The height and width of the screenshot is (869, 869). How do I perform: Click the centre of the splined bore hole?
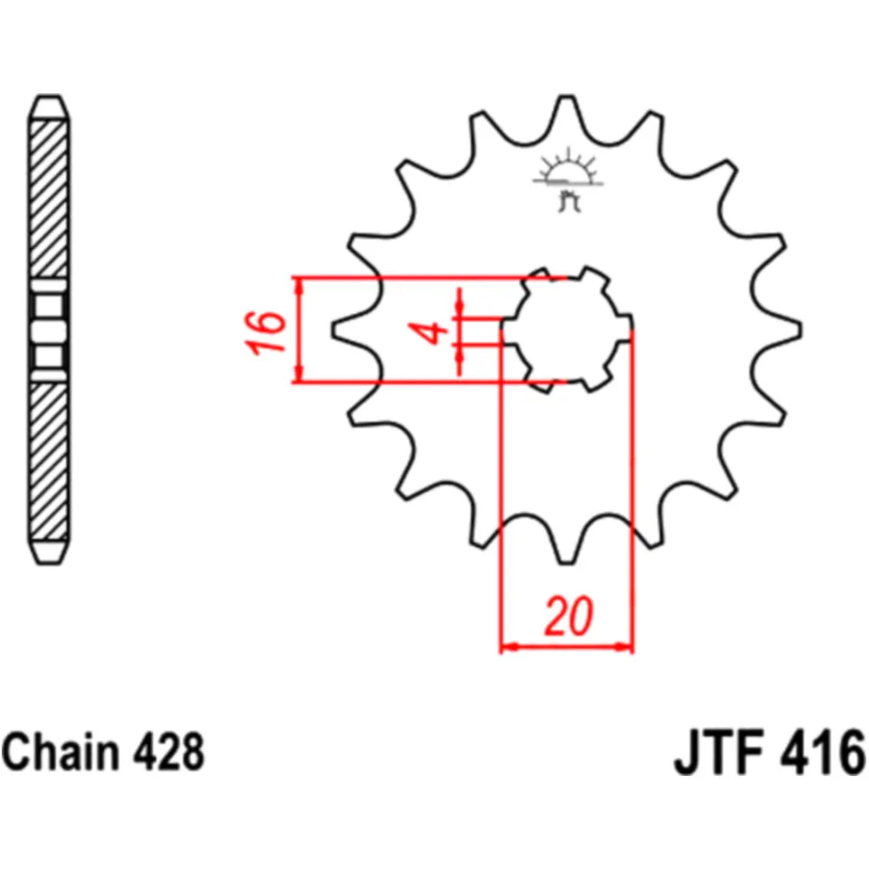567,329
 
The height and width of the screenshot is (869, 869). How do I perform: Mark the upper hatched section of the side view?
49,200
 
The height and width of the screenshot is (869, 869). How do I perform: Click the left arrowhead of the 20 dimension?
507,647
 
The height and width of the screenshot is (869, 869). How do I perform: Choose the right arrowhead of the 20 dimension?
627,647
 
